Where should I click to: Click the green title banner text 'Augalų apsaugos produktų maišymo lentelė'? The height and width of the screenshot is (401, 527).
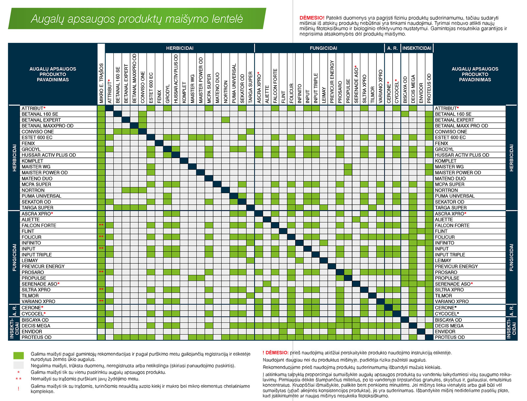pyautogui.click(x=137, y=19)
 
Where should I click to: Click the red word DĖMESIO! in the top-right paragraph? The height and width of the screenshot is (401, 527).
pyautogui.click(x=312, y=18)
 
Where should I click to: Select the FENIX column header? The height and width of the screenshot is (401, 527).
pyautogui.click(x=159, y=97)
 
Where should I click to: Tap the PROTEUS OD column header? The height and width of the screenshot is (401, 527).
pyautogui.click(x=429, y=88)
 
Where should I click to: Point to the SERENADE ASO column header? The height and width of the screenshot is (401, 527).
pyautogui.click(x=356, y=84)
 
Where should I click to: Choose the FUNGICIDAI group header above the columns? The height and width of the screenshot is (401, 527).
pyautogui.click(x=323, y=48)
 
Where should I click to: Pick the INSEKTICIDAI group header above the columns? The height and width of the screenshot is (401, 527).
pyautogui.click(x=417, y=48)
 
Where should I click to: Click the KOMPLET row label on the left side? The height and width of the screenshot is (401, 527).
pyautogui.click(x=32, y=161)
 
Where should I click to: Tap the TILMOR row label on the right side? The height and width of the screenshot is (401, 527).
pyautogui.click(x=443, y=296)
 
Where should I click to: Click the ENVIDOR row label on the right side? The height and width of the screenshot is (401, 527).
pyautogui.click(x=445, y=331)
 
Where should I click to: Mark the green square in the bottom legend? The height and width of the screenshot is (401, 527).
pyautogui.click(x=18, y=355)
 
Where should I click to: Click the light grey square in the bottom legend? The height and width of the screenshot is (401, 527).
pyautogui.click(x=18, y=365)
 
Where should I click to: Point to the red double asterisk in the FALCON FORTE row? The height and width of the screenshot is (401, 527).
pyautogui.click(x=101, y=225)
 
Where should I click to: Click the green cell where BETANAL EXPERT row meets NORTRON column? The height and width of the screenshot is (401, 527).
pyautogui.click(x=225, y=120)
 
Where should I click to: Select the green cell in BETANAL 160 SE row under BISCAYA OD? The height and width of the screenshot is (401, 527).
pyautogui.click(x=405, y=114)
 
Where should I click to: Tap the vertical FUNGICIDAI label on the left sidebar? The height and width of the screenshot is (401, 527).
pyautogui.click(x=14, y=257)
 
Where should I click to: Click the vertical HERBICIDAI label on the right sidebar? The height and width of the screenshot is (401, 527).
pyautogui.click(x=511, y=158)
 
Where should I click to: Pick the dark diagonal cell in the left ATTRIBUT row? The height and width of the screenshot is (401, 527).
pyautogui.click(x=109, y=108)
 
